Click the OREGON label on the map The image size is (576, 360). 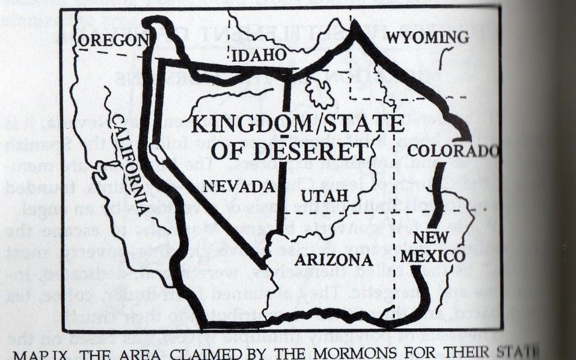point(113,40)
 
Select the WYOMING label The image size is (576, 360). point(427,38)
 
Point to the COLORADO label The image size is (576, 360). point(453,151)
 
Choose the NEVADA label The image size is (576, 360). point(239,186)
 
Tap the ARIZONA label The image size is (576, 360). point(334,260)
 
